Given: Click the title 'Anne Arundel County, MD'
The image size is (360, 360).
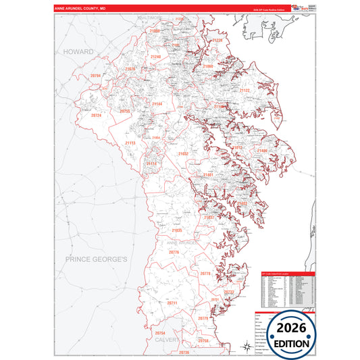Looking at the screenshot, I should pos(80,8).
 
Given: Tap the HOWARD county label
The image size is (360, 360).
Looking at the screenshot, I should pos(78,51).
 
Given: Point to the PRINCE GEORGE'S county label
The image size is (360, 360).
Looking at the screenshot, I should pos(97,259).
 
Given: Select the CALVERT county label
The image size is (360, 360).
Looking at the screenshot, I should pos(168,340).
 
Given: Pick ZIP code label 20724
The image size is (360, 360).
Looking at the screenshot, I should pos(96,115).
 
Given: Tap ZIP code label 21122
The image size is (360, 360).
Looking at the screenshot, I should pos(243,91).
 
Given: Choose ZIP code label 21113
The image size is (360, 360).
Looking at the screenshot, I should pos(130,143).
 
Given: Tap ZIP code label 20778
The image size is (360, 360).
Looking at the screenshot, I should pos(205,273).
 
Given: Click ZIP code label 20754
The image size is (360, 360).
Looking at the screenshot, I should pos(160,333).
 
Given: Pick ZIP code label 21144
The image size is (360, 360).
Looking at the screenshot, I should pos(157,104).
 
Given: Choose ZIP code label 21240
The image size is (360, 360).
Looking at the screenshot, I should pos(156,57).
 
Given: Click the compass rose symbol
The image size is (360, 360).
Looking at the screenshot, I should pos(245,348).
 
